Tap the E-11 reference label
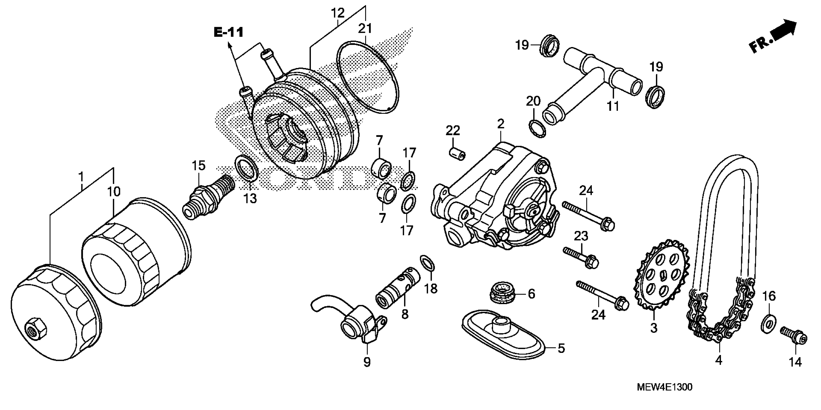(x=228, y=33)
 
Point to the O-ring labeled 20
(x=537, y=129)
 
